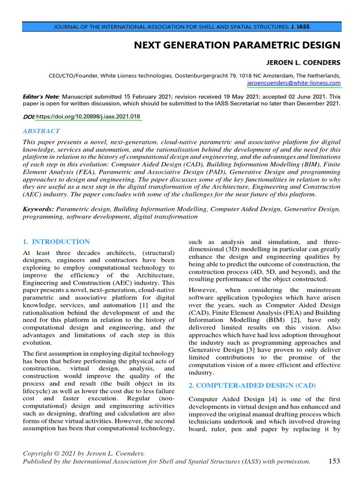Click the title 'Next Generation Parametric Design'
click(x=237, y=45)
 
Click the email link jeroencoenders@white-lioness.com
click(x=294, y=83)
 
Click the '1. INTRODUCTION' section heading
click(x=56, y=242)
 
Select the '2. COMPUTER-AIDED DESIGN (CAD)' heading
click(x=252, y=385)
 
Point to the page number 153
click(x=334, y=461)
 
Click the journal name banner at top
click(x=181, y=27)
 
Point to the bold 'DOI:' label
click(x=29, y=116)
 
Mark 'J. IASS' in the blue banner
click(x=300, y=27)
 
